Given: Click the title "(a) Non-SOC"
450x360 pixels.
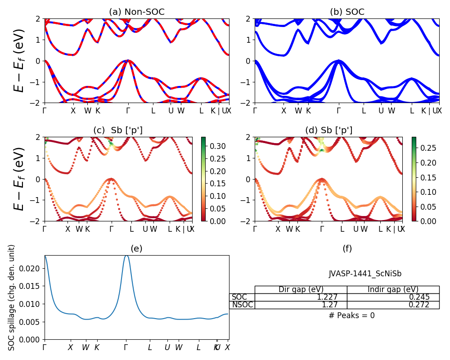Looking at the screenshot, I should (x=137, y=12).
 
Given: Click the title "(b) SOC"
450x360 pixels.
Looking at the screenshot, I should (x=347, y=12).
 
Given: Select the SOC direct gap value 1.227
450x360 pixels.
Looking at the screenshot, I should (x=333, y=297).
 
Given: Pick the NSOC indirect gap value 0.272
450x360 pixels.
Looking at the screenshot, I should (x=419, y=305).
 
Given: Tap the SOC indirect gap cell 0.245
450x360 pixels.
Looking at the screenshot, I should (x=419, y=297).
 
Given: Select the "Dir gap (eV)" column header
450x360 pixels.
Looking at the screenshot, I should (x=301, y=289).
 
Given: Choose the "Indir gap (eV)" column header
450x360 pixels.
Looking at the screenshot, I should (x=393, y=289).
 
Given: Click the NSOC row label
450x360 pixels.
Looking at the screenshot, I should (x=243, y=305).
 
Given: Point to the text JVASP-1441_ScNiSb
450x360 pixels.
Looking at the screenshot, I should (x=365, y=274).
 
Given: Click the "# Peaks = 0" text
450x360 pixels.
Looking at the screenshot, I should (x=351, y=315).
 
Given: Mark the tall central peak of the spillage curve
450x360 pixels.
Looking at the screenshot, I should (x=126, y=256).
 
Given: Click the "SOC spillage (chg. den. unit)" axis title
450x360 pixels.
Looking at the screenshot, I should (x=12, y=297).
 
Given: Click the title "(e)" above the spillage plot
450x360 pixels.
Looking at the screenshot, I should (x=136, y=248).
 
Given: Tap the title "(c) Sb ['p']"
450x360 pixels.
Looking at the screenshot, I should (x=117, y=130).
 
